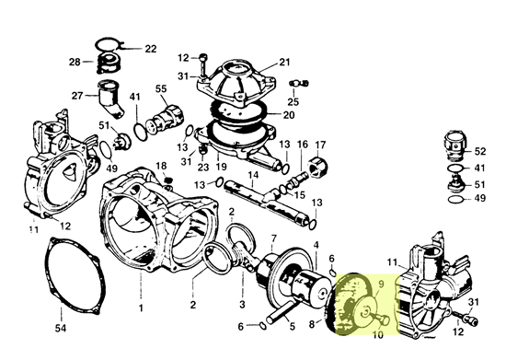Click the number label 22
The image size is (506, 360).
coord(150,49)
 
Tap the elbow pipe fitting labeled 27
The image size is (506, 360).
coord(109,98)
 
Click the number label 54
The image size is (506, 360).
coord(61,329)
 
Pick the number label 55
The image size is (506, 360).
coord(161,88)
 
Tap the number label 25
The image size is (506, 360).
coord(293,101)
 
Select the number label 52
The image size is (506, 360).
coord(480,151)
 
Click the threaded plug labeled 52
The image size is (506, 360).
coord(455,144)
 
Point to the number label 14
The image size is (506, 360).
coord(253,175)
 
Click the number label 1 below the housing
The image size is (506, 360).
coord(141,308)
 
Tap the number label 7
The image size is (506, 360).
coord(273,238)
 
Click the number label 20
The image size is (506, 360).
coord(289,115)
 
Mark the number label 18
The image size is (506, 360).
coord(161,166)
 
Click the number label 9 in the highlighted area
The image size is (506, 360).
coord(381,285)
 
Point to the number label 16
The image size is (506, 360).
coord(303,144)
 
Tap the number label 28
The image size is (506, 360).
coord(75,62)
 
